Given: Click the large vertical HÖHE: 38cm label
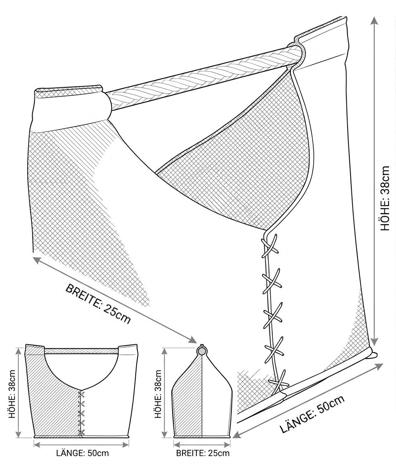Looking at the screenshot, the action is [x=386, y=199].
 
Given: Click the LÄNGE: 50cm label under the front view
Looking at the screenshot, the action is [x=82, y=453].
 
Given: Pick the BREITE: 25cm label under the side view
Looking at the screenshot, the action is [x=203, y=453].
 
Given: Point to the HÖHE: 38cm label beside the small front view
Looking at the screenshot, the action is [x=12, y=394].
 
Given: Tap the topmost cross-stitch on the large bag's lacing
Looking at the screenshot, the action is [x=269, y=246].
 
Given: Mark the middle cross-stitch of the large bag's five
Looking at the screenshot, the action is [x=272, y=314].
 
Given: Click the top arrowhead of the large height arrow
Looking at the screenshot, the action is [x=374, y=21].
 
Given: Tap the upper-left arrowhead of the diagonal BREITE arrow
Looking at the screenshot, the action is [x=37, y=260].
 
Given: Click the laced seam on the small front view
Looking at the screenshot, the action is [x=80, y=413].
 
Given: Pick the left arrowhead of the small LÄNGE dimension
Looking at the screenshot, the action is [x=36, y=444].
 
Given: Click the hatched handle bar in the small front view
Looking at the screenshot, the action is [x=81, y=350].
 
